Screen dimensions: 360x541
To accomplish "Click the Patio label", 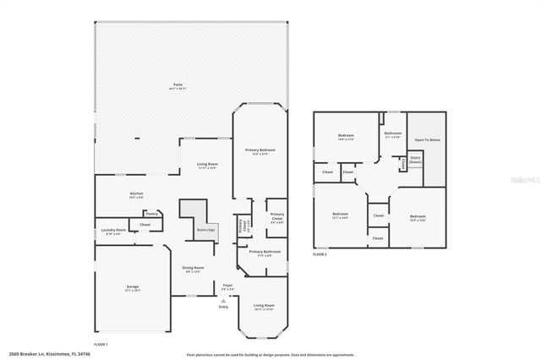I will coord(178,85).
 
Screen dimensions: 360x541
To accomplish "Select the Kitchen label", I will coord(136,194).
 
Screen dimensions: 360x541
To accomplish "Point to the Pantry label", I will coord(153,214).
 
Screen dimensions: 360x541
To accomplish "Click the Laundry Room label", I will coord(113,230).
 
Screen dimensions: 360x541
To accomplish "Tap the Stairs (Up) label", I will coord(205,229).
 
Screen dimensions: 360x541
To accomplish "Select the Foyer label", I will coord(227,286).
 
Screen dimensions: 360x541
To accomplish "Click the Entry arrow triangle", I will coord(224,301).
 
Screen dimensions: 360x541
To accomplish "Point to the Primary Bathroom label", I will coord(264,252).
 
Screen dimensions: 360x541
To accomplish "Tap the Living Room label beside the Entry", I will coord(264,305).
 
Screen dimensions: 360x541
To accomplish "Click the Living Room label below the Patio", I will coord(207,164).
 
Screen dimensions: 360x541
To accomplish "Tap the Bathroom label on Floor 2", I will coord(393,133).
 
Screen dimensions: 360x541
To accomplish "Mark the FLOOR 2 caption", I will coord(320,254).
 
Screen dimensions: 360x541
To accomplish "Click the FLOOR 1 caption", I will coord(101,345).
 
